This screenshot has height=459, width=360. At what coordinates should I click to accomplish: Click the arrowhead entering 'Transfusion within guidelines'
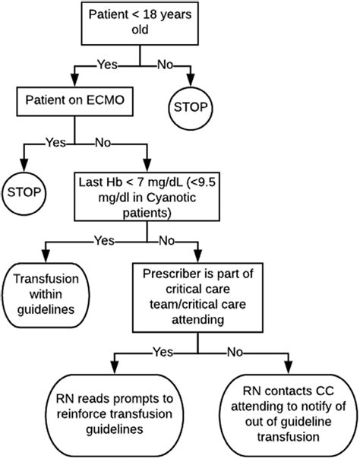[46, 256]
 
